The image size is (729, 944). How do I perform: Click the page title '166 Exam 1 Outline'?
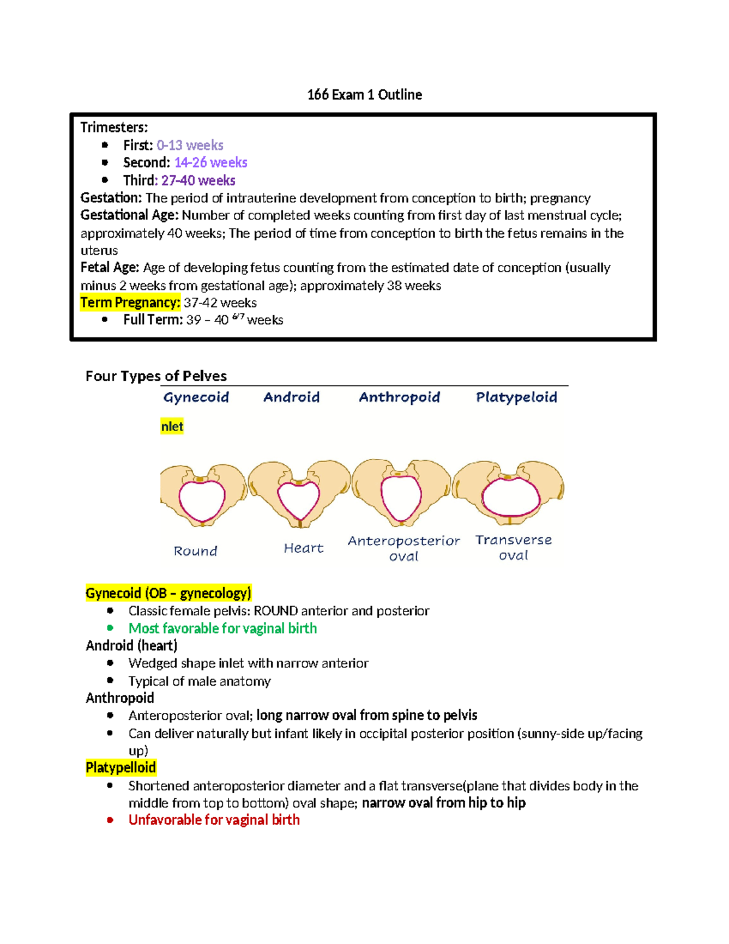pos(364,95)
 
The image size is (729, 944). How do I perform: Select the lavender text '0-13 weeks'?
pos(190,145)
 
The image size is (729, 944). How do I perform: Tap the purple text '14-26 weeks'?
pos(210,162)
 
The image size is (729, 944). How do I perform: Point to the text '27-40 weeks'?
pos(198,181)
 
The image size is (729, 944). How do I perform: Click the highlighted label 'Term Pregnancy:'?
pos(130,303)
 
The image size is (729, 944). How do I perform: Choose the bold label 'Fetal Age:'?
pos(110,267)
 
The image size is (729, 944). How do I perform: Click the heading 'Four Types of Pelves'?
pos(156,376)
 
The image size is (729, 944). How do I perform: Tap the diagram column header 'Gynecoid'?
pos(196,398)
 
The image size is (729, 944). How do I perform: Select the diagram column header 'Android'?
pos(292,398)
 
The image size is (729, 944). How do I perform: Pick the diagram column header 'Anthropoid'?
pos(399,398)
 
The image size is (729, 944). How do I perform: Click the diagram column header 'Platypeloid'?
pos(516,398)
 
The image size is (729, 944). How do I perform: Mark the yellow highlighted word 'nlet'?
pos(172,427)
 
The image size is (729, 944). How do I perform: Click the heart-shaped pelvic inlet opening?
pos(298,499)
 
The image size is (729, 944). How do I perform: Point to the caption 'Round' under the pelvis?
pos(195,551)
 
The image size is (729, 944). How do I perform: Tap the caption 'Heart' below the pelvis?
pos(304,548)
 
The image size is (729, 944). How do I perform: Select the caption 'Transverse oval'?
pos(513,548)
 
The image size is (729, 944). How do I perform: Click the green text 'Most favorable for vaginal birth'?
pos(222,629)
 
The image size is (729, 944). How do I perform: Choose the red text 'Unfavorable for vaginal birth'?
pos(214,820)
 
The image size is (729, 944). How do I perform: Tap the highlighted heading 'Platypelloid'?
pos(121,768)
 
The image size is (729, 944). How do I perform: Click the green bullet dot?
pos(110,628)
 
